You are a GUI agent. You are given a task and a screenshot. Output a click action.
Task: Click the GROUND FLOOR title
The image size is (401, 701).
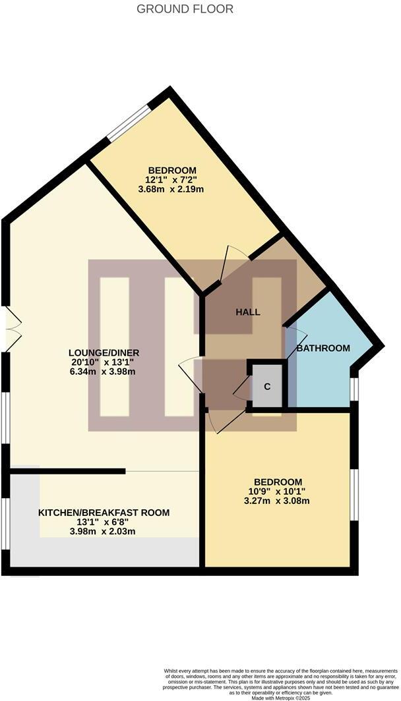[185, 9]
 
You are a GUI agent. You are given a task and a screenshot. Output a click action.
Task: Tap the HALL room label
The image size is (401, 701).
[248, 312]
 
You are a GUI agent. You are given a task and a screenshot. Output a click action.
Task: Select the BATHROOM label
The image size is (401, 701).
[323, 348]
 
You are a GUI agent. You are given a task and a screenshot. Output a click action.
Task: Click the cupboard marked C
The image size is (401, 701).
[267, 386]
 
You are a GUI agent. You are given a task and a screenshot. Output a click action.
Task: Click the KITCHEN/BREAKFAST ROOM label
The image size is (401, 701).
[104, 513]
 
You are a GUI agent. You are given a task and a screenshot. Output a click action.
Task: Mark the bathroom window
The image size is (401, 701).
[354, 389]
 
